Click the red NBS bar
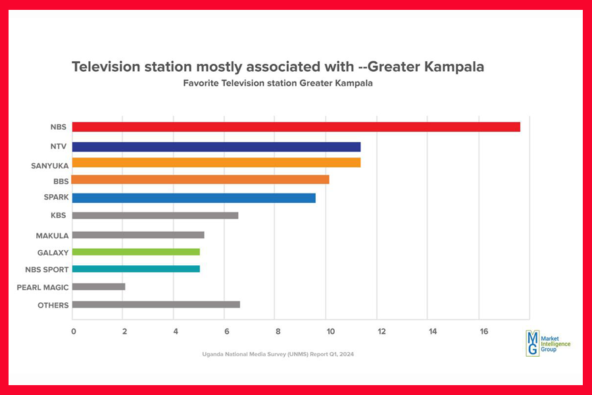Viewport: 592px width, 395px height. [296, 127]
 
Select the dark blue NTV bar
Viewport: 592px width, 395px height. [216, 147]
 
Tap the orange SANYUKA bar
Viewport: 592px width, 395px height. [216, 163]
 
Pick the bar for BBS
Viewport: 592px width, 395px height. [201, 180]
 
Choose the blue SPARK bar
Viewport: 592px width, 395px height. [194, 197]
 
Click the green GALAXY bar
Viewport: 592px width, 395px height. [136, 251]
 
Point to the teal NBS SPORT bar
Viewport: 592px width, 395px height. [136, 269]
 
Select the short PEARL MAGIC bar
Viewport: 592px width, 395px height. [99, 287]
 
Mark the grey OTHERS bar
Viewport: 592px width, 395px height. [157, 304]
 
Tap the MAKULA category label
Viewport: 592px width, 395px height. [53, 235]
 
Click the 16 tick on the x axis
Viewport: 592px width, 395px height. [484, 332]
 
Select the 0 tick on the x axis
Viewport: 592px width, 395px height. [73, 332]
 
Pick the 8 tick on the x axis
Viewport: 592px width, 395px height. [278, 332]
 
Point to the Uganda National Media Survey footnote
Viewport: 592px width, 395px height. [278, 354]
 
